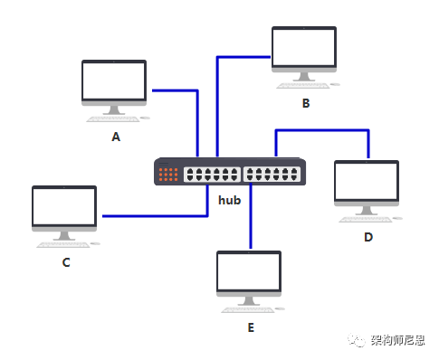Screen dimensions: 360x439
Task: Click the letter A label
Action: coord(115,137)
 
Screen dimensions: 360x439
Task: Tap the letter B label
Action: coord(305,103)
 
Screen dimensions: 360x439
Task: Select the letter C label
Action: coord(65,263)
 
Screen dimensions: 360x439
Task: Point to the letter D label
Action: coord(368,237)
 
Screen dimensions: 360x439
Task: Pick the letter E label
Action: coord(250,327)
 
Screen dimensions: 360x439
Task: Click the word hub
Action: coord(229,199)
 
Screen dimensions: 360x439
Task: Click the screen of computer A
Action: coord(114,81)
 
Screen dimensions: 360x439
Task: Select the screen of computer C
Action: coord(64,207)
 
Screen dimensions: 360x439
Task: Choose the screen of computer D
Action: coord(367,182)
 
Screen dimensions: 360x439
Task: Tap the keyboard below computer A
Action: coord(124,118)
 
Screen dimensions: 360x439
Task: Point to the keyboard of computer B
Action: coord(313,85)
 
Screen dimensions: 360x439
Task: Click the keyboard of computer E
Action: coord(259,309)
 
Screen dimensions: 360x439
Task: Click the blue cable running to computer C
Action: coord(154,216)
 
